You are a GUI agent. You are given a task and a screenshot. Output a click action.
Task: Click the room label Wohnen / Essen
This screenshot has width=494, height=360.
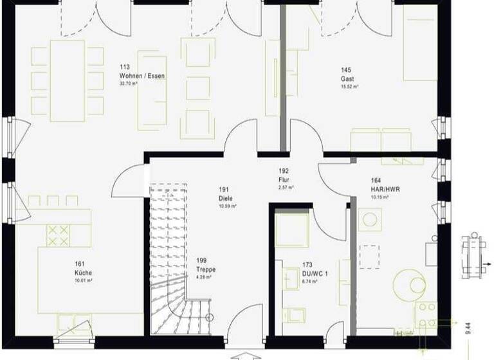point(142,76)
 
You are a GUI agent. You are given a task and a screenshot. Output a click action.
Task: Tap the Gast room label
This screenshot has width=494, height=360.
point(347,79)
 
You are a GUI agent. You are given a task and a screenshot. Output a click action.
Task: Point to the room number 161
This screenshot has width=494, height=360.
point(80,264)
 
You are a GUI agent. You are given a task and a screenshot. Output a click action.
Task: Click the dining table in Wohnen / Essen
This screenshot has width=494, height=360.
point(68,80)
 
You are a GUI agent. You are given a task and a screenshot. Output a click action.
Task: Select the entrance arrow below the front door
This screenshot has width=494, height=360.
point(247,354)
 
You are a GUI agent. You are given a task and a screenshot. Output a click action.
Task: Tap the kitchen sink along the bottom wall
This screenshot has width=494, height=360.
point(73,321)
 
